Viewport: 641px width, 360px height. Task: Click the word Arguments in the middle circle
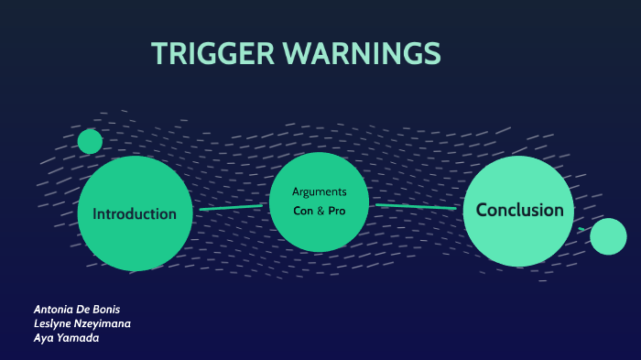click(x=319, y=191)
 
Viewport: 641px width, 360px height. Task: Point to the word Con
click(x=303, y=211)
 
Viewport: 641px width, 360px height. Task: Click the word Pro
click(x=336, y=211)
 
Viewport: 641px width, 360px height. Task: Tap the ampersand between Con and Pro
click(x=320, y=211)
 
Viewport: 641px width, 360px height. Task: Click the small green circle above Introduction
click(x=90, y=141)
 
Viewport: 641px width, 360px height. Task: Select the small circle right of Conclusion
click(x=608, y=236)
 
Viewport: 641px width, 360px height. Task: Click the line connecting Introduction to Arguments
click(x=231, y=208)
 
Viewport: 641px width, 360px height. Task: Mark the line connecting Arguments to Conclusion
click(x=416, y=207)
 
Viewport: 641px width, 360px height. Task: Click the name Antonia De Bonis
click(x=76, y=309)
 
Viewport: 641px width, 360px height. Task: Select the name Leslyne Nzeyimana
click(x=81, y=323)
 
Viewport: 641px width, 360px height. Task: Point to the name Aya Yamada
click(x=66, y=338)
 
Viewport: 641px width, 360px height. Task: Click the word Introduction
click(x=135, y=214)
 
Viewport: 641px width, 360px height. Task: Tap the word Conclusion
click(x=519, y=210)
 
